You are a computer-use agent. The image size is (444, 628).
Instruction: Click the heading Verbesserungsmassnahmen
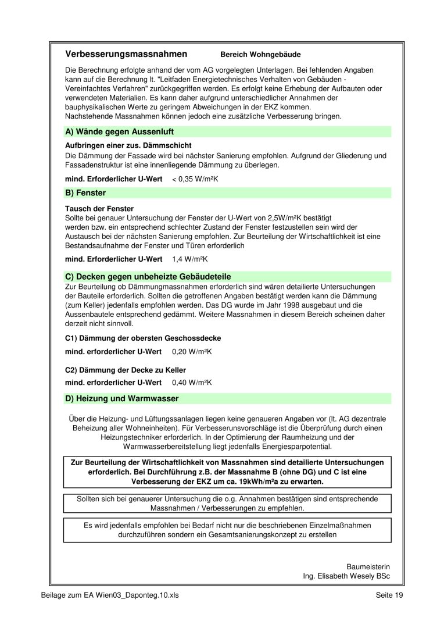coord(126,54)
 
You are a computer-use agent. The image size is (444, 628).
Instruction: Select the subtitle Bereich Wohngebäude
coord(260,55)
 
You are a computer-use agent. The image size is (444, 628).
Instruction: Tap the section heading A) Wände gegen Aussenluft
coord(120,132)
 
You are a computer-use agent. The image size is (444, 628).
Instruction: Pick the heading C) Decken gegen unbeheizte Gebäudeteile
coord(152,277)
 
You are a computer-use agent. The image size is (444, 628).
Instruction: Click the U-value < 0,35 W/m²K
coord(195,179)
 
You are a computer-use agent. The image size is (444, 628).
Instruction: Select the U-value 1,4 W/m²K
coord(190,259)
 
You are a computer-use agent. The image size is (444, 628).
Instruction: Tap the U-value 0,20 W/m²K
coord(192,352)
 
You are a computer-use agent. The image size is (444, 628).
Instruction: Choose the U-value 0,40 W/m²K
coord(192,382)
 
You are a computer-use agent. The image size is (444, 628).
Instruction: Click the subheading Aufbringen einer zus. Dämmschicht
coord(128,145)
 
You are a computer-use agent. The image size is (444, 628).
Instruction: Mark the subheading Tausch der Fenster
coord(99,208)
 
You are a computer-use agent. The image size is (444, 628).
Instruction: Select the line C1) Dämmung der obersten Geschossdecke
coord(143,338)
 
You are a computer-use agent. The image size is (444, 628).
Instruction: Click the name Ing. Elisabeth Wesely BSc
coord(346,576)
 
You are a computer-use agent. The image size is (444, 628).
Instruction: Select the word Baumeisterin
coord(368,566)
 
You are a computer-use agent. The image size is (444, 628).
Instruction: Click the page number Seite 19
coord(389,595)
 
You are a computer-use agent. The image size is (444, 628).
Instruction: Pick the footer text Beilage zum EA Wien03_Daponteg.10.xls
coord(111,595)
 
